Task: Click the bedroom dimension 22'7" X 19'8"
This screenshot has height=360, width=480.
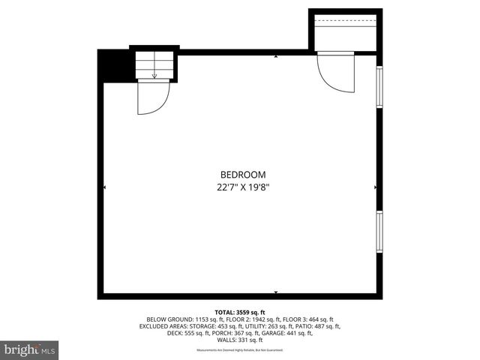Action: (238, 187)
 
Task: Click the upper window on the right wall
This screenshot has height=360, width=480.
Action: (379, 91)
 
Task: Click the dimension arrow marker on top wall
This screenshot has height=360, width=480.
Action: (276, 56)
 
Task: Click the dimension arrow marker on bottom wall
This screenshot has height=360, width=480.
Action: (276, 292)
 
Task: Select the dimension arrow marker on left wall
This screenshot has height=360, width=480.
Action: (104, 187)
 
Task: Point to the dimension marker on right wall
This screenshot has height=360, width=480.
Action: (374, 187)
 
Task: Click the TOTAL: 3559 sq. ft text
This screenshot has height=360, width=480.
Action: (240, 312)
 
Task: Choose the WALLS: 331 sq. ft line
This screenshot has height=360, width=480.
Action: (240, 340)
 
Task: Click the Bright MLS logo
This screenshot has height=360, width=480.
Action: (30, 349)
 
